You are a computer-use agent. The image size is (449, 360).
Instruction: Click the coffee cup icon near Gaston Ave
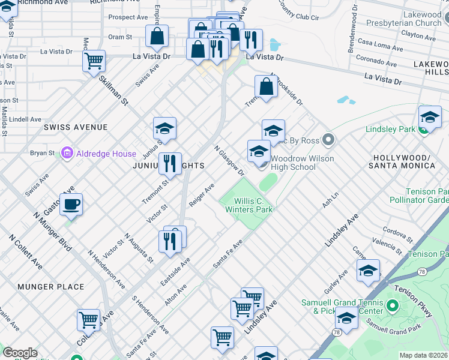pyautogui.click(x=71, y=205)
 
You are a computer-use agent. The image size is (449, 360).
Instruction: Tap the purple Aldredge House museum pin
pyautogui.click(x=67, y=154)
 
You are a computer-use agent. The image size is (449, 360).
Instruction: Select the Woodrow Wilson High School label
pyautogui.click(x=293, y=163)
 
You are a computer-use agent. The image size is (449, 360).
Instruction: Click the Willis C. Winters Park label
pyautogui.click(x=249, y=205)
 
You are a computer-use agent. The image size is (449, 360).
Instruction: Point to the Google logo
pyautogui.click(x=19, y=353)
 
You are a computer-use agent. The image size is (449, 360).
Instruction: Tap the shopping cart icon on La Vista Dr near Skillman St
pyautogui.click(x=94, y=61)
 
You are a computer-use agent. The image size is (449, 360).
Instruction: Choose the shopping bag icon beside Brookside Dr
pyautogui.click(x=266, y=86)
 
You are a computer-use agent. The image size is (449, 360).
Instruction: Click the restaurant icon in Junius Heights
pyautogui.click(x=170, y=163)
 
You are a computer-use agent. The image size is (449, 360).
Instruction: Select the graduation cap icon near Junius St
pyautogui.click(x=164, y=128)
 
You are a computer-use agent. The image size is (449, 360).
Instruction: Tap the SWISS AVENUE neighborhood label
pyautogui.click(x=76, y=127)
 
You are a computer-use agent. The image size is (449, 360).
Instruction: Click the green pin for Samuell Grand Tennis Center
pyautogui.click(x=393, y=307)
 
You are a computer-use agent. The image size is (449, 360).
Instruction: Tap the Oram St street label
pyautogui.click(x=120, y=37)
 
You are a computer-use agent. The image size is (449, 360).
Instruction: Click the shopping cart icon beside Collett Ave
pyautogui.click(x=88, y=320)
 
